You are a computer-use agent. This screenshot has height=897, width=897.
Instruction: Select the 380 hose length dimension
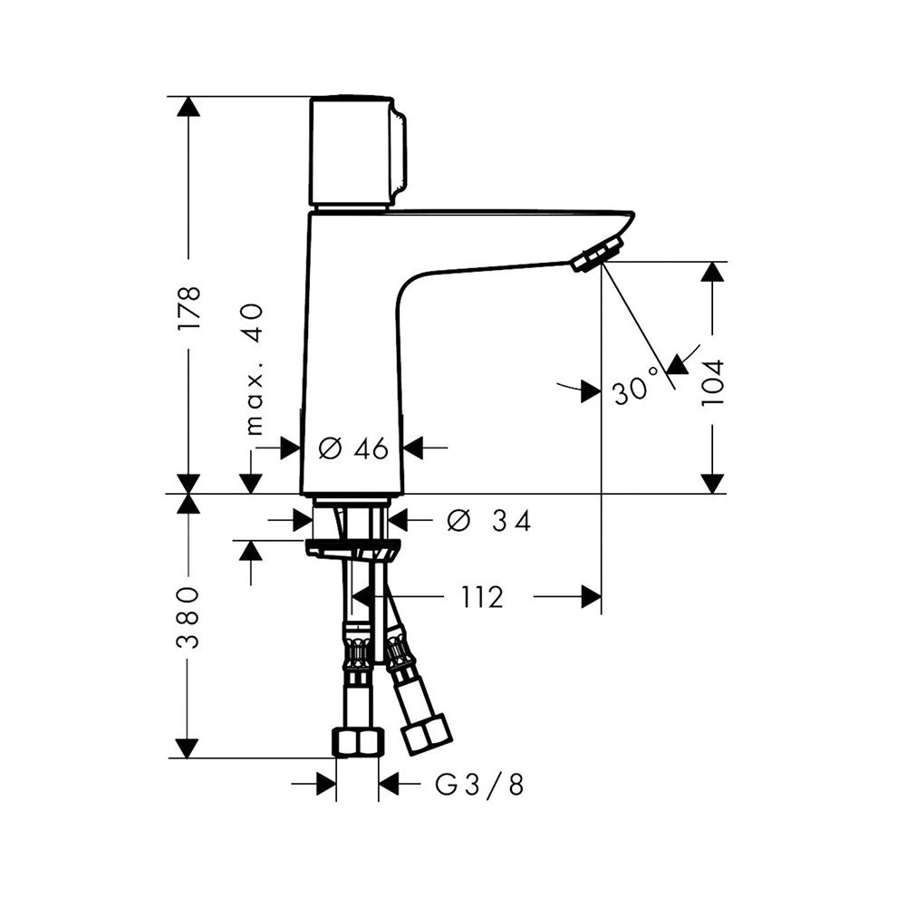188,618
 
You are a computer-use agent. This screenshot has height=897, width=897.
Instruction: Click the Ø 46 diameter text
354,447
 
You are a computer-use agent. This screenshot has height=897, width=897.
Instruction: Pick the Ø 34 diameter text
488,520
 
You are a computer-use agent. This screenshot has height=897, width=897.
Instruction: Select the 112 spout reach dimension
480,597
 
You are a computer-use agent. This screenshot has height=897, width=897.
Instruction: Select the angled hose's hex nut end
427,734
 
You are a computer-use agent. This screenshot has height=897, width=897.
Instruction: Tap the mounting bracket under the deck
352,548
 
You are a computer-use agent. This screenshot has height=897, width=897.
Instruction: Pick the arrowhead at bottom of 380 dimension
188,748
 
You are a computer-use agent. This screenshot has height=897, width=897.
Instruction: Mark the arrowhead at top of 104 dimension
714,273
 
